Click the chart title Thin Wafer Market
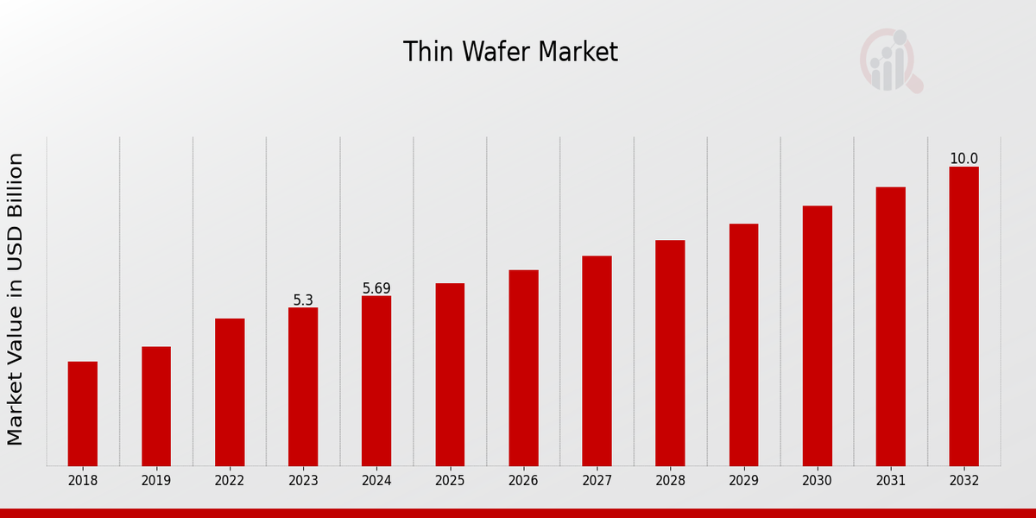[x=510, y=53]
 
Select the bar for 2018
[x=83, y=414]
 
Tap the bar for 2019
[x=156, y=406]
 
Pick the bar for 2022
[x=230, y=392]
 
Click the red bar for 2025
[x=450, y=375]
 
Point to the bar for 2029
[x=743, y=344]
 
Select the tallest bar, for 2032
[x=963, y=316]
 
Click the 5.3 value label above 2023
[x=303, y=300]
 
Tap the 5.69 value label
[x=376, y=288]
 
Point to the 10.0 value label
[x=963, y=159]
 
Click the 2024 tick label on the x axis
[x=376, y=481]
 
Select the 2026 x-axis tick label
[x=523, y=481]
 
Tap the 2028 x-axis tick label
[x=670, y=481]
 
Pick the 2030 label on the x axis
[x=817, y=481]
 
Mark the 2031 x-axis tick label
[x=890, y=481]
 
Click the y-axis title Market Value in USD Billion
[x=16, y=299]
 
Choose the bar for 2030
[x=817, y=336]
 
